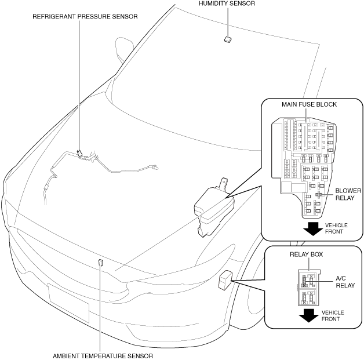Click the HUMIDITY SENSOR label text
click(227, 4)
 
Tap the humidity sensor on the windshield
click(227, 39)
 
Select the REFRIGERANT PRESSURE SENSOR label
click(85, 17)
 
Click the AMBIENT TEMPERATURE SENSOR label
click(104, 355)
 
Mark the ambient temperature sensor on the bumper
click(100, 261)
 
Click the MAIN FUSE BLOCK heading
click(309, 104)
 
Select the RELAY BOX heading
click(306, 254)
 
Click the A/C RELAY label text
click(345, 282)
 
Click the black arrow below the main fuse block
click(312, 228)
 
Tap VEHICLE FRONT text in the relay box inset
click(333, 315)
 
